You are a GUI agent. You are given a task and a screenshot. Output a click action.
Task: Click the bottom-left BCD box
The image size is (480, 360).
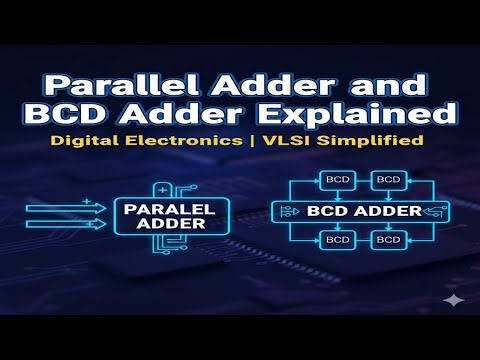pyautogui.click(x=336, y=242)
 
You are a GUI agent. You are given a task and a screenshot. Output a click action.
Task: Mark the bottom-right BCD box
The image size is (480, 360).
pyautogui.click(x=388, y=242)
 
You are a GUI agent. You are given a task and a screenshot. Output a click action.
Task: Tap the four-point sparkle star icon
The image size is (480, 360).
pyautogui.click(x=454, y=300)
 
